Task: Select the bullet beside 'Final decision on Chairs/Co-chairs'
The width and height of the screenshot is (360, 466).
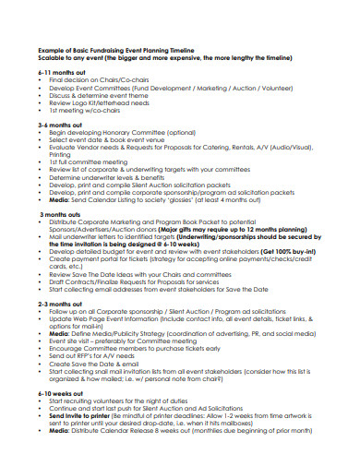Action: (42, 81)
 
